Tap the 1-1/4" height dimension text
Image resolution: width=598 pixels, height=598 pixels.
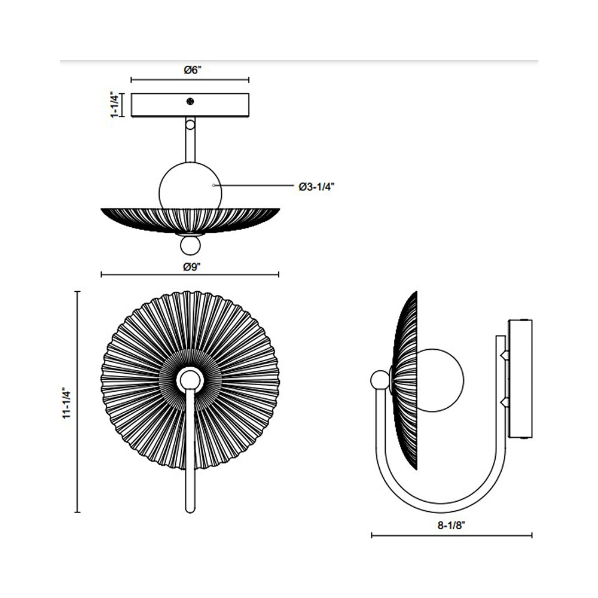(114, 105)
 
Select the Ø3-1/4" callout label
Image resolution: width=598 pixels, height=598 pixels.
(316, 187)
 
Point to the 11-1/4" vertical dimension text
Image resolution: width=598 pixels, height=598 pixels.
(68, 402)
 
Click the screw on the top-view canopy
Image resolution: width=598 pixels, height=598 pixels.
(190, 101)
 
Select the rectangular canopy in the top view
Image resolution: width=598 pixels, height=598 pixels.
(190, 105)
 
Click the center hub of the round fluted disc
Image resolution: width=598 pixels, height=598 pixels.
(190, 379)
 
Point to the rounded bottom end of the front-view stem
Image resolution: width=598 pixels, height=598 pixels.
(190, 508)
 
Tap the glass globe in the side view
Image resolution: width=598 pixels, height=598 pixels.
(440, 380)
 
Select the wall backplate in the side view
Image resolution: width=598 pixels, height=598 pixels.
(519, 380)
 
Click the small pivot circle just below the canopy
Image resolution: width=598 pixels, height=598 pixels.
(190, 125)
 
